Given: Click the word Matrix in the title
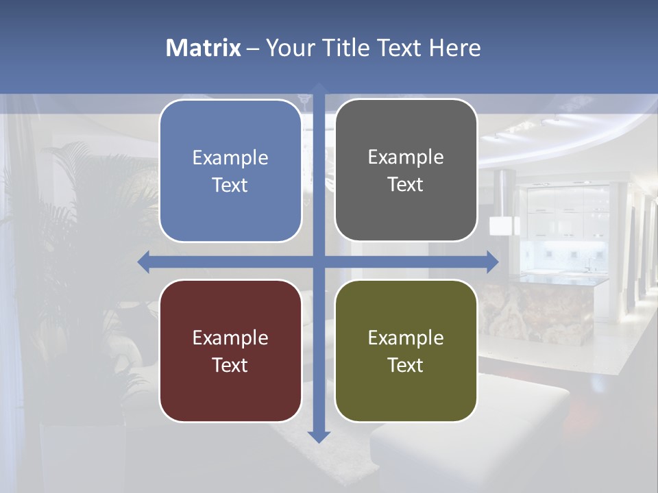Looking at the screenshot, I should click(x=203, y=48).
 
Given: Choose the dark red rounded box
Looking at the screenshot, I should click(x=230, y=390).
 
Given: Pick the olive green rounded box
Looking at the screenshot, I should click(x=406, y=390).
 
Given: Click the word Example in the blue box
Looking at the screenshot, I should click(x=230, y=158).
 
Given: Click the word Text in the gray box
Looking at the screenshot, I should click(x=406, y=185).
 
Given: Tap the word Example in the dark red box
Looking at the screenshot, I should click(x=230, y=338).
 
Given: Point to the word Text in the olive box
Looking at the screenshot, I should click(x=406, y=365).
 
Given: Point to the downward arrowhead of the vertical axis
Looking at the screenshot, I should click(x=319, y=436).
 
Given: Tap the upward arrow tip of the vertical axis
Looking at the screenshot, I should click(x=319, y=88).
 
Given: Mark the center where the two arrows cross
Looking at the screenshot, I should click(x=319, y=262).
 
